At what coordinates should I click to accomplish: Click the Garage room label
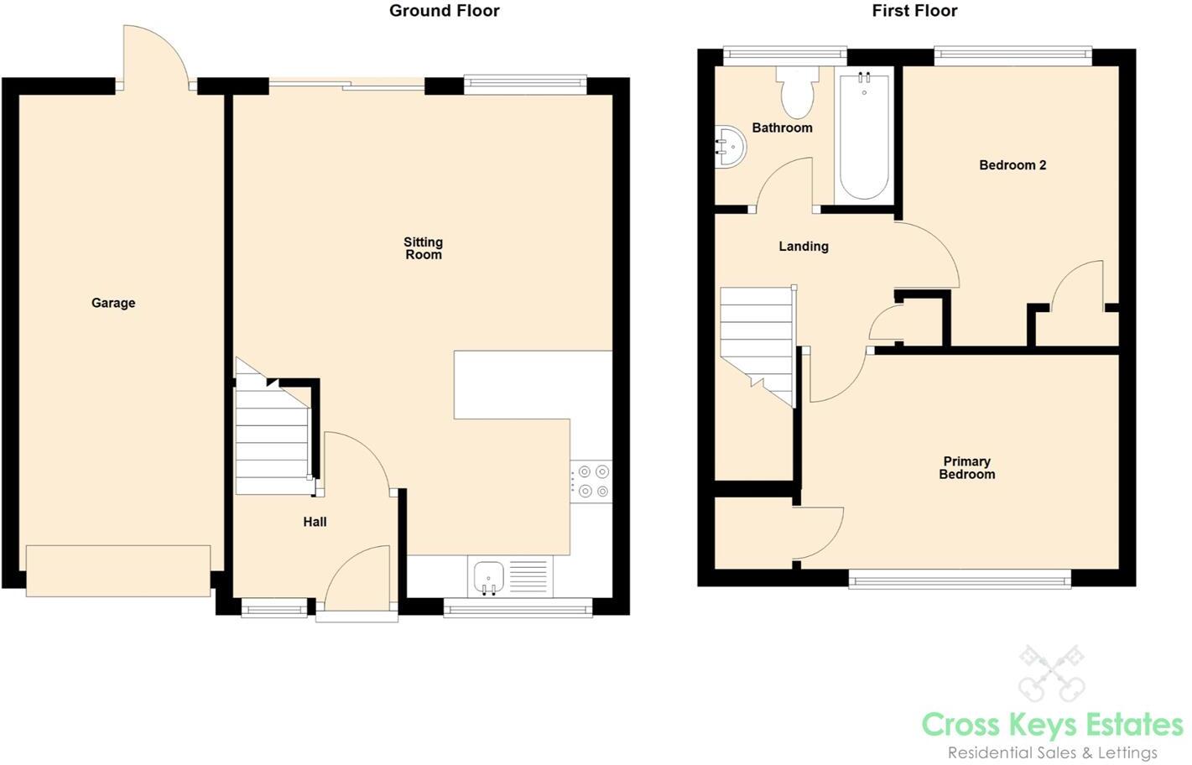pos(113,303)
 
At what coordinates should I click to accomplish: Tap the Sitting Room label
pos(423,248)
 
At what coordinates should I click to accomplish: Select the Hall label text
pos(315,522)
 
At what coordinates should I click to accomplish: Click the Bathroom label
pos(782,127)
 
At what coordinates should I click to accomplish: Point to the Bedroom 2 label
pos(1012,165)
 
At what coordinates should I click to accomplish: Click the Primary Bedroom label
pos(966,468)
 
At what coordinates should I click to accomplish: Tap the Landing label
pos(803,247)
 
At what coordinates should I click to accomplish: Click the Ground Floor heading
pos(444,11)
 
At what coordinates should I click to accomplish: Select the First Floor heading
pos(914,11)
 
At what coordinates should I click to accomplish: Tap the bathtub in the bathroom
pos(864,136)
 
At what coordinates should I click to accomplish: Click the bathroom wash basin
pos(730,148)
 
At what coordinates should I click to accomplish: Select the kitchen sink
pos(488,577)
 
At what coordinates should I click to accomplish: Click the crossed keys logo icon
pos(1052,673)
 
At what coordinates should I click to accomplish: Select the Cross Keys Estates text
pos(1052,724)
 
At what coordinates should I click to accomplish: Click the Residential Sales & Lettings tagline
pos(1052,752)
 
